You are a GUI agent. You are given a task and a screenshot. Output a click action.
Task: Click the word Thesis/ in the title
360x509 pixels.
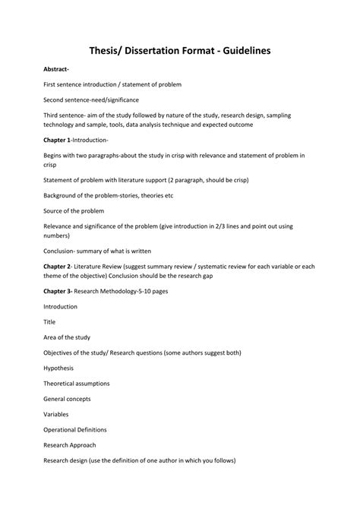114,50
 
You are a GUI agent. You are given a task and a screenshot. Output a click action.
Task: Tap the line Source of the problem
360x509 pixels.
74,210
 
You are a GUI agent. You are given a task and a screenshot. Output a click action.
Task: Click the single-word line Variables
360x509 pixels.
56,415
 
